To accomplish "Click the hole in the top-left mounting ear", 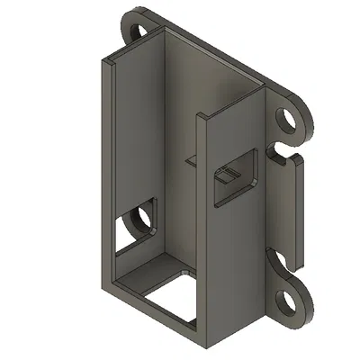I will point(139,31).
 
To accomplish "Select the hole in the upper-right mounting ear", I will point(288,119).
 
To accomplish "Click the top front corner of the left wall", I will point(106,61).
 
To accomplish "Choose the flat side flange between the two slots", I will point(290,207).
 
